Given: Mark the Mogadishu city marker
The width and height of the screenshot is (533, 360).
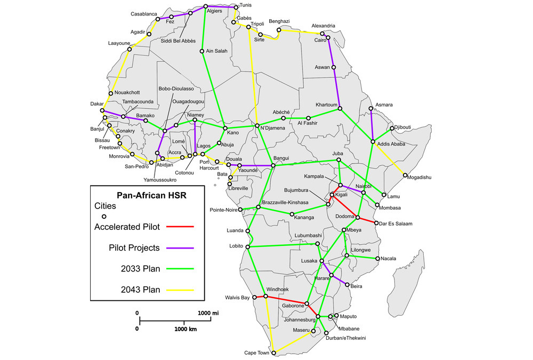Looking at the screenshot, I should pyautogui.click(x=406, y=176).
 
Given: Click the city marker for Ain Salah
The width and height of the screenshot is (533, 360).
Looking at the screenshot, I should pyautogui.click(x=202, y=51).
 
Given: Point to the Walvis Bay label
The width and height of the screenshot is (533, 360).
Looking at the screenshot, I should pyautogui.click(x=237, y=298).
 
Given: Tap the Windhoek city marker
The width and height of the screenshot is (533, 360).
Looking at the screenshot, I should pyautogui.click(x=265, y=297).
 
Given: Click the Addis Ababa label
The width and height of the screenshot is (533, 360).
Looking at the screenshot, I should pyautogui.click(x=391, y=144).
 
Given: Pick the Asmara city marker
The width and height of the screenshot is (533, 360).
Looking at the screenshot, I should pyautogui.click(x=370, y=109).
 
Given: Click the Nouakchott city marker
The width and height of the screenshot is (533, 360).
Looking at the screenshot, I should pyautogui.click(x=110, y=93).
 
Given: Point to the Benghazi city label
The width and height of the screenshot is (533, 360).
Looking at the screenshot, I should pyautogui.click(x=279, y=21).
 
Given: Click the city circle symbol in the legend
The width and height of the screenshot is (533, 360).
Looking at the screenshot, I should pyautogui.click(x=104, y=216).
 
